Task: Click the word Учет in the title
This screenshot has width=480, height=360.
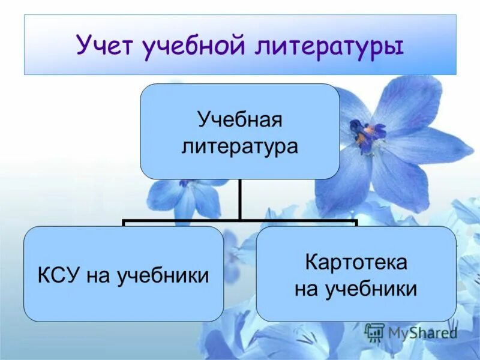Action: [x=105, y=46]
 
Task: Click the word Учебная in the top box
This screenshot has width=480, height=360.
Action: [x=240, y=119]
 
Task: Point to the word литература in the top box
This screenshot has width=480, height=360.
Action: [x=240, y=146]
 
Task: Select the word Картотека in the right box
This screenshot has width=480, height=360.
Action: [x=356, y=262]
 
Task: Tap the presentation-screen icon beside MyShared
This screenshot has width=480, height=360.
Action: [x=374, y=332]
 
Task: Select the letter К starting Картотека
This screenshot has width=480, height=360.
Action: [x=312, y=262]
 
